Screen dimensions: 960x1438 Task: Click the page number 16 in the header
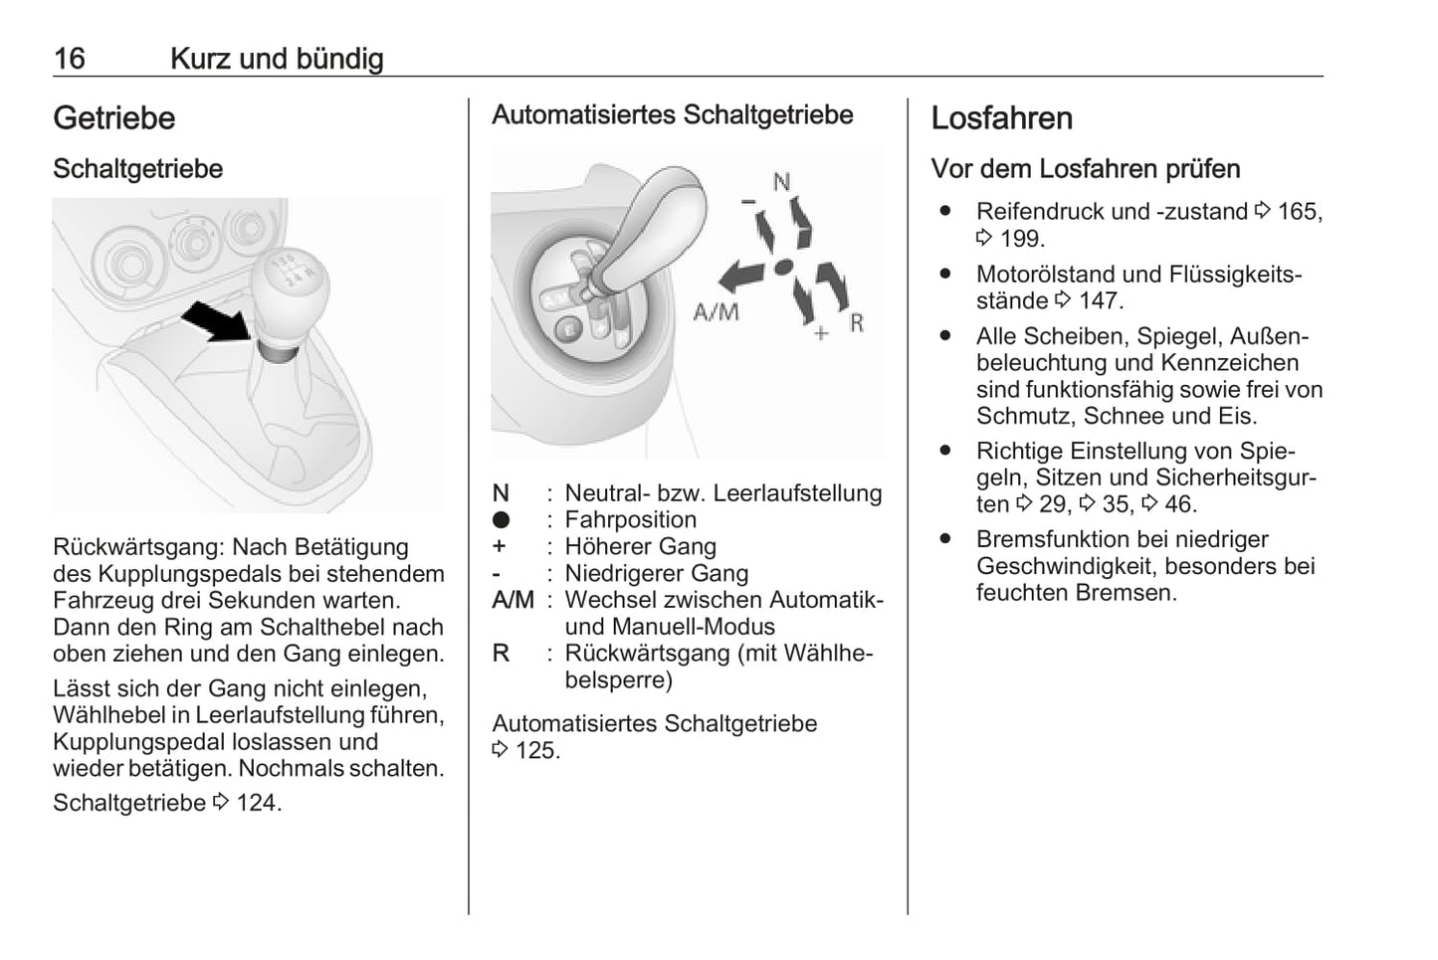[x=70, y=59]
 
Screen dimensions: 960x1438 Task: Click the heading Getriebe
[x=113, y=118]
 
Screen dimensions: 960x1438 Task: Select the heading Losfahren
[x=1001, y=118]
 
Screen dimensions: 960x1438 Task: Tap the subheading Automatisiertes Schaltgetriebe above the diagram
[x=672, y=115]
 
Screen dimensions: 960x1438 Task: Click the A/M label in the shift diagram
[x=716, y=312]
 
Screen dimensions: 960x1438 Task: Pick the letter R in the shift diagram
[x=857, y=323]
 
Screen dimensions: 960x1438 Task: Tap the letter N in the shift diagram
[x=781, y=182]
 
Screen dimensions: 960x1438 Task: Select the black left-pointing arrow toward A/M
[x=741, y=273]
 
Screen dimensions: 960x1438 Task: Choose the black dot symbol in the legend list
[x=501, y=520]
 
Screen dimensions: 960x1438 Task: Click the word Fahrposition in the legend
[x=630, y=520]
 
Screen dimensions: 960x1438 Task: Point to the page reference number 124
[x=257, y=803]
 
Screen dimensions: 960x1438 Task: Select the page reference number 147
[x=1100, y=301]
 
